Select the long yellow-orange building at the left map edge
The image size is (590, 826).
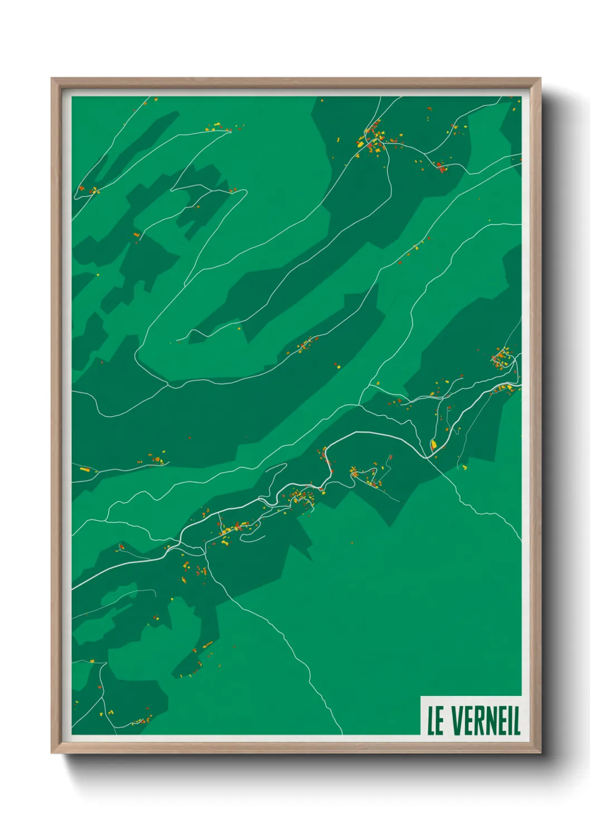click(85, 469)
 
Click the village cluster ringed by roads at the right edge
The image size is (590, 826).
click(502, 357)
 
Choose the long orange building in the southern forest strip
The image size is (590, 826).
click(207, 645)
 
